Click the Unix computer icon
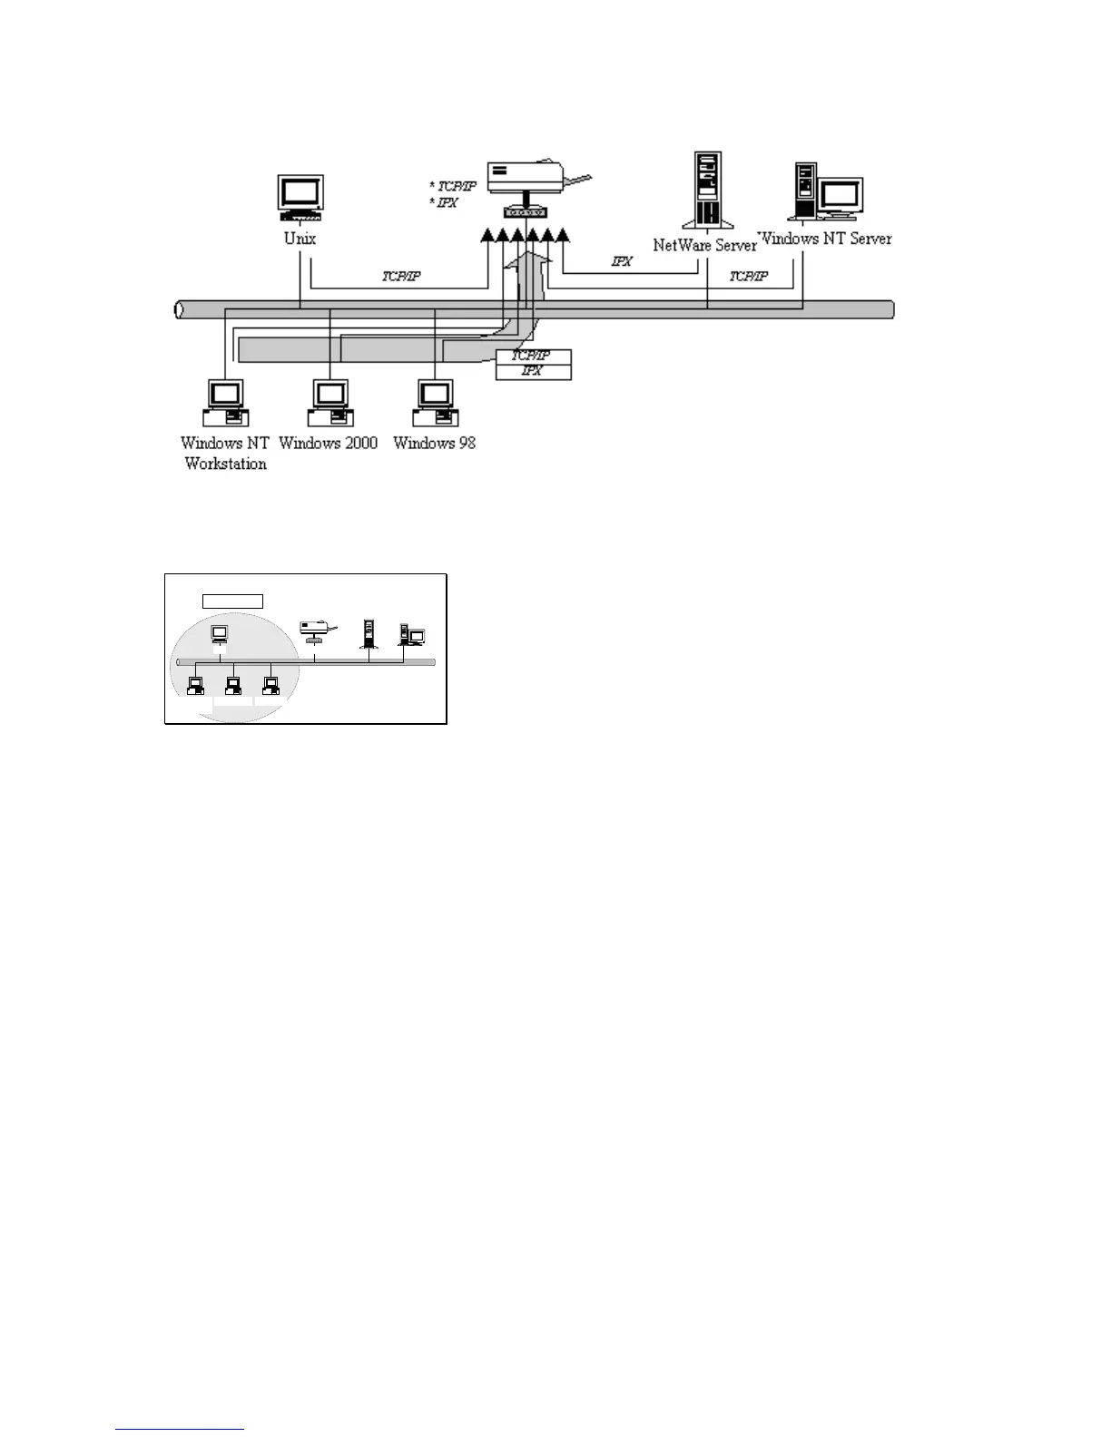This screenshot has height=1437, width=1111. (x=300, y=199)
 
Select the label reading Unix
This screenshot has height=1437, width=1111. (x=300, y=239)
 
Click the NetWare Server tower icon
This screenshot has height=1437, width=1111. (x=707, y=190)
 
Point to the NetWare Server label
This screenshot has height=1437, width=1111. (x=704, y=246)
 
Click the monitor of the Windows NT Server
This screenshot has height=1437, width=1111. (x=840, y=197)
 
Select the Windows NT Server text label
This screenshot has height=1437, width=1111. (x=825, y=239)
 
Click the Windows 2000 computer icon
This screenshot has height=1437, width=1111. (x=329, y=403)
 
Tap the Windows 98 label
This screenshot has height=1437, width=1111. (x=434, y=443)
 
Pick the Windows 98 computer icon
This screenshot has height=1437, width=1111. (x=435, y=403)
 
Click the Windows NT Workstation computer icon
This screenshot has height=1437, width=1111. (x=225, y=403)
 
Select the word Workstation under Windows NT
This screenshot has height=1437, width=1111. (x=225, y=464)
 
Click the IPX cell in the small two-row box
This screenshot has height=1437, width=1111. (x=533, y=372)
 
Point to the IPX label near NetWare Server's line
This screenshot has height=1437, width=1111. (x=622, y=262)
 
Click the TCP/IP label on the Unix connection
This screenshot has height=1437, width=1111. (x=400, y=277)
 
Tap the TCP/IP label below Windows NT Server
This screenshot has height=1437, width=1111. (x=748, y=277)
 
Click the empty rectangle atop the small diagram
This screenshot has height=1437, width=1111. (x=232, y=601)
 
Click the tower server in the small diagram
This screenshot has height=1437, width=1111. (x=369, y=633)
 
